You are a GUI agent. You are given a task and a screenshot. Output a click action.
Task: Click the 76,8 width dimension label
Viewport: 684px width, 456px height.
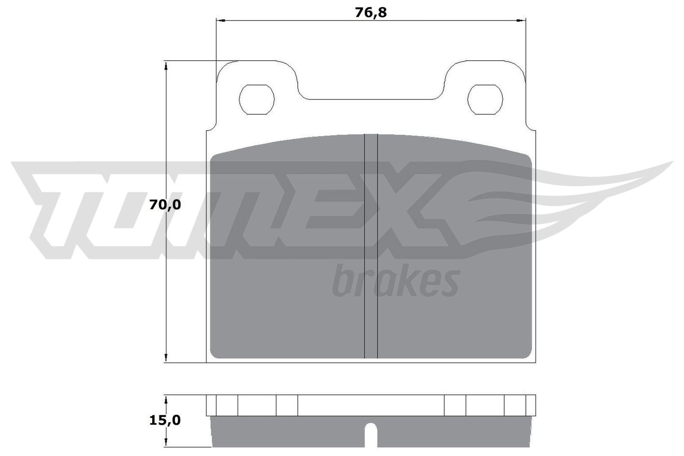click(x=371, y=13)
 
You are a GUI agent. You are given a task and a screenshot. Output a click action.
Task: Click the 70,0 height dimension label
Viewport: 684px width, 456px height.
click(x=165, y=205)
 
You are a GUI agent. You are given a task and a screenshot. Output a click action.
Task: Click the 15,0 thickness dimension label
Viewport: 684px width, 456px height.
click(x=165, y=420)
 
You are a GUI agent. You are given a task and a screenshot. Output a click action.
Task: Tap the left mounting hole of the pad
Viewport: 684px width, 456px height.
click(x=256, y=99)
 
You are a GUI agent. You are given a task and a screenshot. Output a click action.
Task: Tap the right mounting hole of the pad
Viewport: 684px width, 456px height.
click(x=485, y=99)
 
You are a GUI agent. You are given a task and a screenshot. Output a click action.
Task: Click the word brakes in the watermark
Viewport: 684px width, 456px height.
click(x=395, y=281)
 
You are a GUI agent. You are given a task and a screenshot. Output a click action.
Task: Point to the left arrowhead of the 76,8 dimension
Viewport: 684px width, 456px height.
click(x=220, y=20)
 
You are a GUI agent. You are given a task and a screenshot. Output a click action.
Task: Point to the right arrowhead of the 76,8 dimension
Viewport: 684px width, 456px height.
click(x=522, y=20)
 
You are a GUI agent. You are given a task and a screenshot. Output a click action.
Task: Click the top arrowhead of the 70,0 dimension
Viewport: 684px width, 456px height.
click(x=165, y=65)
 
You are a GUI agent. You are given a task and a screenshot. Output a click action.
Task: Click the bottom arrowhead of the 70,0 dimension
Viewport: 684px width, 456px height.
click(x=165, y=359)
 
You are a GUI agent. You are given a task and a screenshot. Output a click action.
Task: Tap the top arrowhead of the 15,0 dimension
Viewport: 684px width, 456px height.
click(x=165, y=399)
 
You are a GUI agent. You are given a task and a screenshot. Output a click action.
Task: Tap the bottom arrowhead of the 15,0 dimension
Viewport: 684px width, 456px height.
click(x=165, y=444)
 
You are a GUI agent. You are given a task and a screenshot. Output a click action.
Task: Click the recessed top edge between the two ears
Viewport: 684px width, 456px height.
click(x=371, y=99)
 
